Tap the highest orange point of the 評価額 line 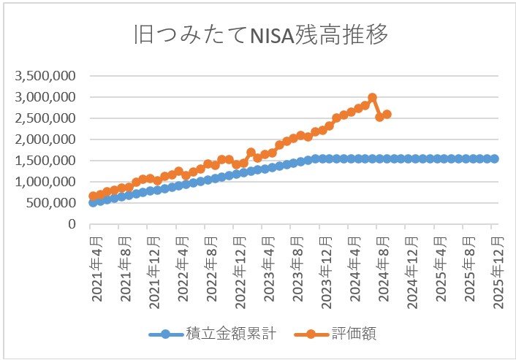pyautogui.click(x=372, y=97)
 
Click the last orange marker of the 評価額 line pyautogui.click(x=387, y=114)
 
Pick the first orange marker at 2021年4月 pyautogui.click(x=93, y=196)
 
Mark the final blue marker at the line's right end pyautogui.click(x=494, y=158)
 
